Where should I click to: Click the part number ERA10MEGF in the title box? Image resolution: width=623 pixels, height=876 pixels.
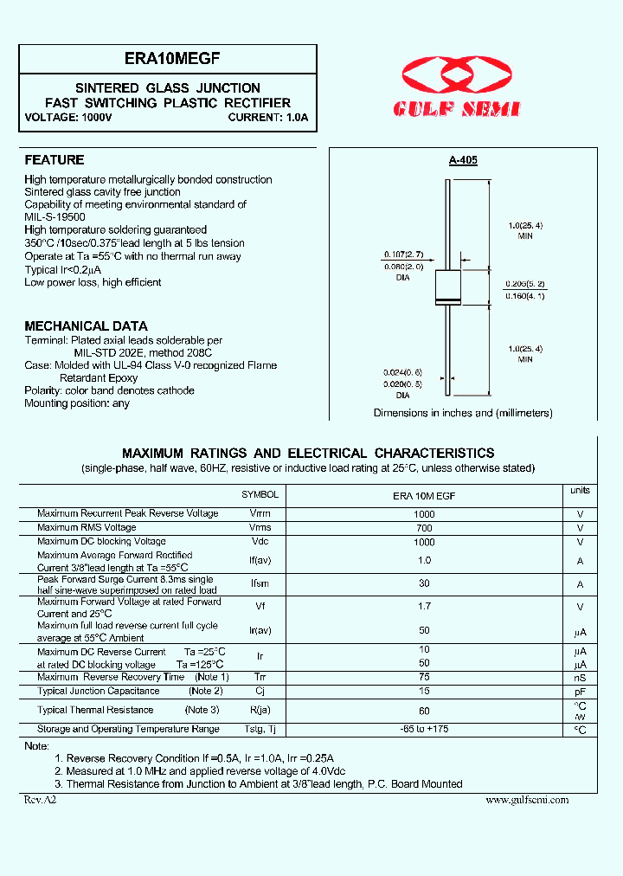[167, 58]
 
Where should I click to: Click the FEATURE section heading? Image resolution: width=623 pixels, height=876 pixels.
[55, 160]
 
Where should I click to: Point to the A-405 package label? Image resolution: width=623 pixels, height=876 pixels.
[463, 160]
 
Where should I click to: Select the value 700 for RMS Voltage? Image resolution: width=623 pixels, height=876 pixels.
[424, 528]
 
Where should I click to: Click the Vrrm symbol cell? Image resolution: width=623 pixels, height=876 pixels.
[260, 514]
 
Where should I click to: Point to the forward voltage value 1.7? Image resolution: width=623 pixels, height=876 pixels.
[424, 608]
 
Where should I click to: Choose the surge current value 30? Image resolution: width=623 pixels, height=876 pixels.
[424, 584]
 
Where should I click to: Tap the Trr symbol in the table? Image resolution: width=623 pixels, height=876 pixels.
[260, 677]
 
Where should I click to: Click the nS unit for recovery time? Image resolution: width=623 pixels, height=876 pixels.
[580, 678]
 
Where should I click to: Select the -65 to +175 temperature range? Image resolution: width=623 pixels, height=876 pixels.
[424, 730]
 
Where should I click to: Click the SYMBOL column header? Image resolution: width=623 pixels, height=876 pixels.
[260, 495]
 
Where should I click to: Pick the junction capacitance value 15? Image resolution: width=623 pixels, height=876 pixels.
[424, 691]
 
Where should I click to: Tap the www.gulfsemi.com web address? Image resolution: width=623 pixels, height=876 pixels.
[527, 800]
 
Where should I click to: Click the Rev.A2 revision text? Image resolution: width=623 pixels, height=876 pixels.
[40, 800]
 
